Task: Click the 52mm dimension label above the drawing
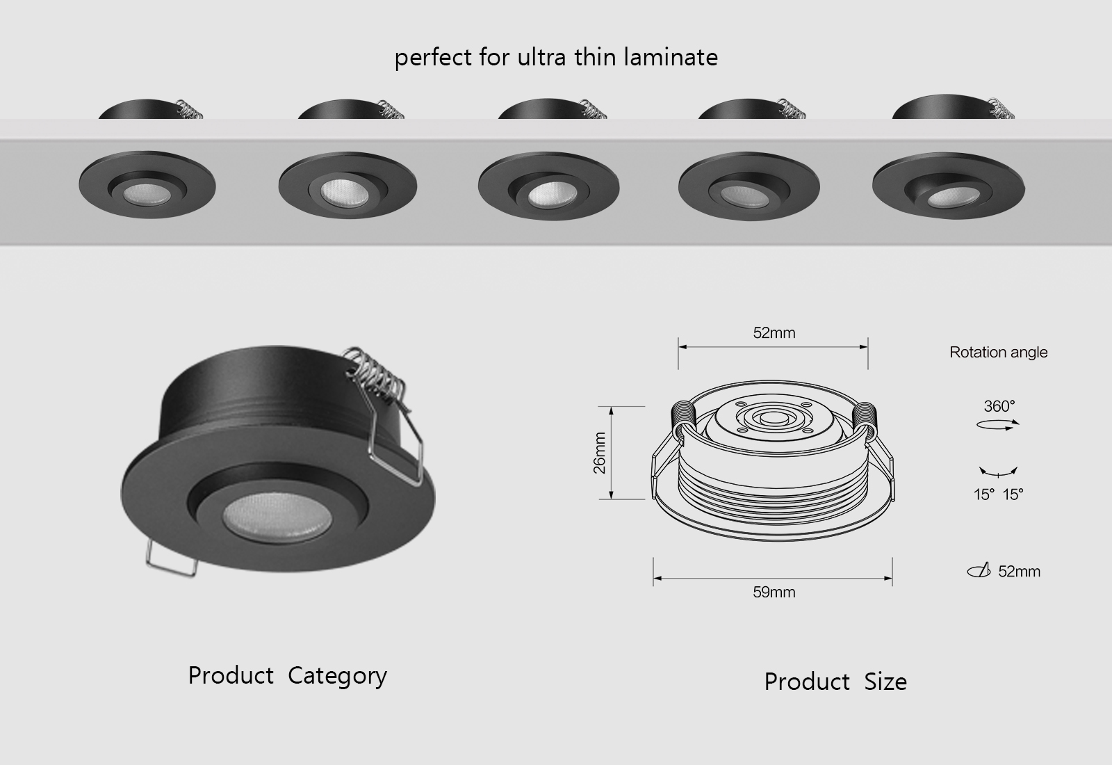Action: click(x=774, y=333)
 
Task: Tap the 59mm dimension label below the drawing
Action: click(x=774, y=593)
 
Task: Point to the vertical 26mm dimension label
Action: click(x=600, y=453)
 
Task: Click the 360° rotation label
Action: click(x=999, y=406)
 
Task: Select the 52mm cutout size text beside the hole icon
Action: click(x=1019, y=572)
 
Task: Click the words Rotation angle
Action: click(x=998, y=353)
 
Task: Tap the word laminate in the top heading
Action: click(x=671, y=57)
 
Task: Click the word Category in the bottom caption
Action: click(x=337, y=676)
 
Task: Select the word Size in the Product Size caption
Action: click(x=885, y=682)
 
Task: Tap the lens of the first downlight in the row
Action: click(x=146, y=195)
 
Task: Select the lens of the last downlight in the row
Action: click(x=947, y=198)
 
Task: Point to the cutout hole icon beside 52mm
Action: click(x=979, y=572)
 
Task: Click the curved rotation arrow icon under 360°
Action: click(x=998, y=425)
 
